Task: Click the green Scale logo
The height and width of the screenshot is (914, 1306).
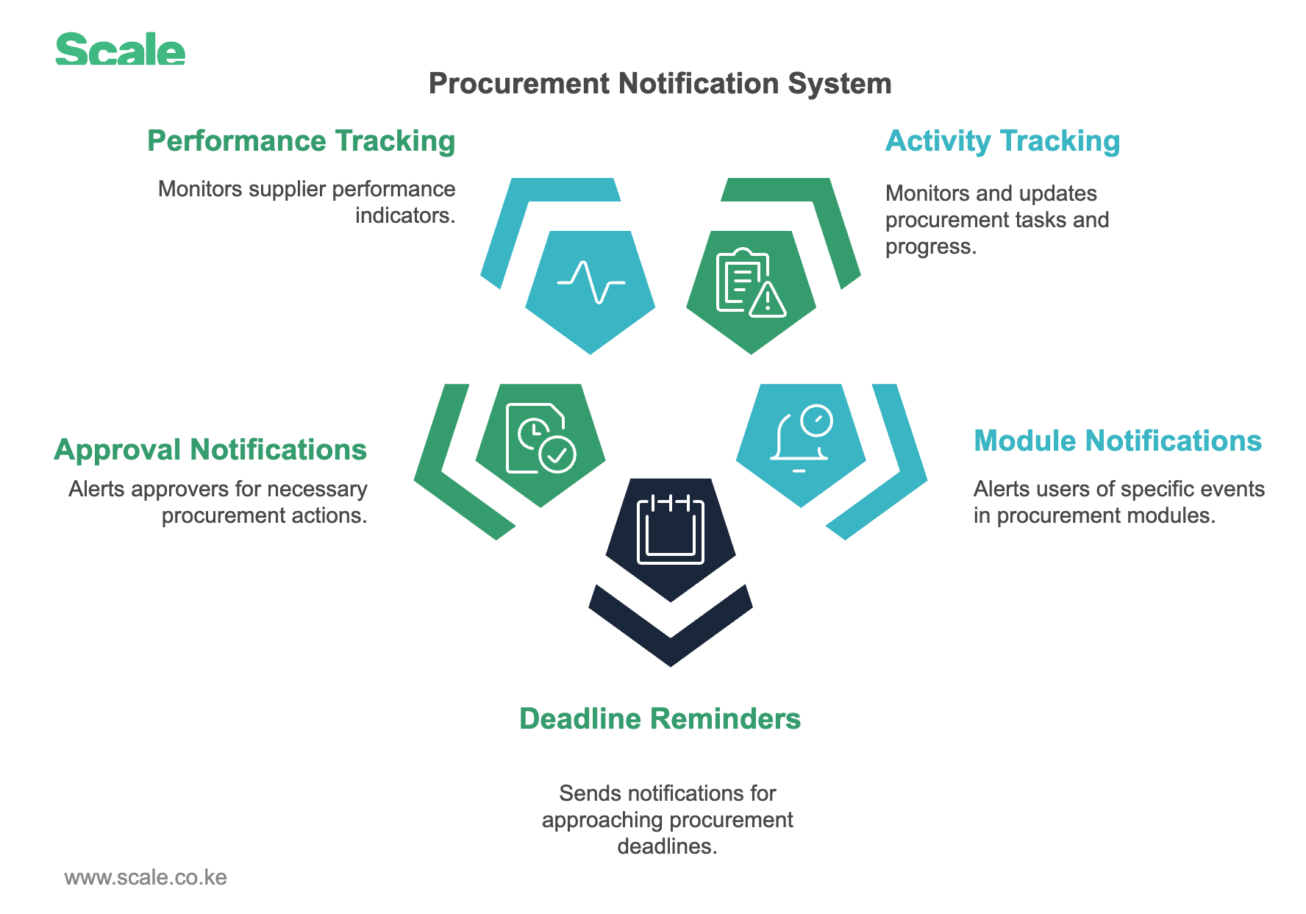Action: point(121,49)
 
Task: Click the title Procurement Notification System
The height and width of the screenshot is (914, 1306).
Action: point(660,84)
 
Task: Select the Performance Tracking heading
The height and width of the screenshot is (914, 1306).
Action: point(301,141)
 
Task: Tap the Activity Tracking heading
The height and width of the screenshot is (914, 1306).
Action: point(1002,141)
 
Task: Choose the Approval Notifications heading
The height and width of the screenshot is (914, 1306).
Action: point(210,449)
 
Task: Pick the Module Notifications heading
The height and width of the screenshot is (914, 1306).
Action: point(1118,440)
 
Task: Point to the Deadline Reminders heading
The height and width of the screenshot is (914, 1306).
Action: point(660,718)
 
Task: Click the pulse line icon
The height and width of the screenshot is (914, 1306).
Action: point(591,282)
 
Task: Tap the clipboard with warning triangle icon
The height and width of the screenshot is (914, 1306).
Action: point(751,283)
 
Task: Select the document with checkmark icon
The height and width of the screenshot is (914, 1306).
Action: point(541,438)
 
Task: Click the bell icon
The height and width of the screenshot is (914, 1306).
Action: point(801,438)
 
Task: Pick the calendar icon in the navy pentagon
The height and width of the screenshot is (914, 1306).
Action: point(671,529)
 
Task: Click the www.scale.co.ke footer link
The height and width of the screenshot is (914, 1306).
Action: point(146,877)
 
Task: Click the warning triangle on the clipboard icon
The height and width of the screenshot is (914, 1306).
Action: point(768,300)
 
